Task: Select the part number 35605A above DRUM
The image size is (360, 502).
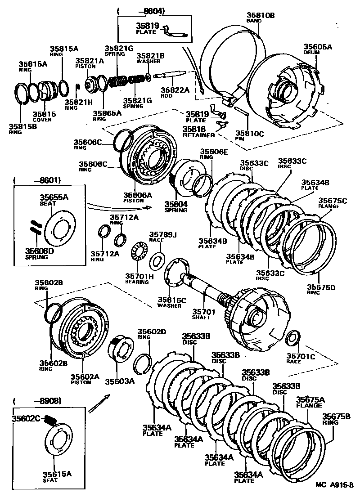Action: [x=318, y=47]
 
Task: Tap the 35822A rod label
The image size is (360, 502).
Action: [x=174, y=90]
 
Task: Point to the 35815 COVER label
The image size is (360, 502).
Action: [x=44, y=114]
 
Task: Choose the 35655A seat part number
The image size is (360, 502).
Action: [x=54, y=197]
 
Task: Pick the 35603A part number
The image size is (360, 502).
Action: [x=120, y=381]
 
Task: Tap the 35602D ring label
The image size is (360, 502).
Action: [x=152, y=332]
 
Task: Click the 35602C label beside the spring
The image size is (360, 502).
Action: [x=27, y=418]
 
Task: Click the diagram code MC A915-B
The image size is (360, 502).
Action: [x=335, y=484]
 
